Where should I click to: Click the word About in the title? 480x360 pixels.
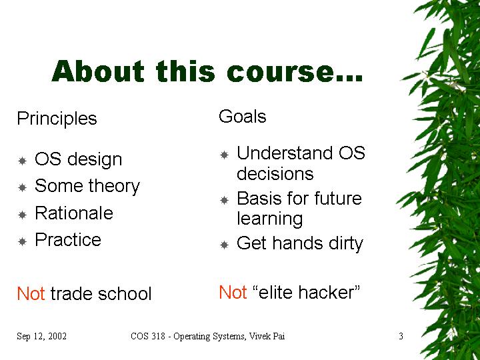[x=98, y=71]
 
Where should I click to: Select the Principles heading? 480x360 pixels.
[x=57, y=119]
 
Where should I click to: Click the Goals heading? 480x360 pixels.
[x=243, y=117]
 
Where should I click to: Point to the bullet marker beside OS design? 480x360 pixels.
[x=23, y=161]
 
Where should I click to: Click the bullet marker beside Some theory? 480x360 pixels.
[x=23, y=187]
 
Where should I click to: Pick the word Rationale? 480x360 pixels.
[x=74, y=213]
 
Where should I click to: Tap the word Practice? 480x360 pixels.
[x=68, y=240]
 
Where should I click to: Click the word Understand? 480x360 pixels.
[x=285, y=153]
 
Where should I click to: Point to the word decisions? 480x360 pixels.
[x=275, y=173]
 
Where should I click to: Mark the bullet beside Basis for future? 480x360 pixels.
[x=225, y=200]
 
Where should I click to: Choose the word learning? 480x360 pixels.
[x=270, y=219]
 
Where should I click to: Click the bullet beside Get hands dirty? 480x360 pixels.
[x=225, y=245]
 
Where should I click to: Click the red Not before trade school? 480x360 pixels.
[x=31, y=293]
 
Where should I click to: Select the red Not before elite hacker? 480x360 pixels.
[x=233, y=292]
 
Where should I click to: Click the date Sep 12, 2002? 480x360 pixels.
[x=41, y=337]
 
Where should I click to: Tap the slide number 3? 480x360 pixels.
[x=401, y=336]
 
